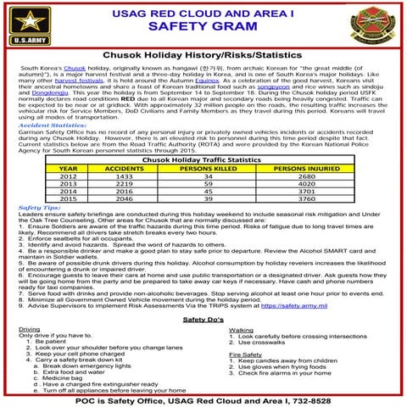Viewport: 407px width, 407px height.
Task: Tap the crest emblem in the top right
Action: click(377, 23)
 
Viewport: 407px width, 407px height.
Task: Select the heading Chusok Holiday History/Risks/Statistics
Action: click(203, 53)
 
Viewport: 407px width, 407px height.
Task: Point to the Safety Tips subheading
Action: click(39, 207)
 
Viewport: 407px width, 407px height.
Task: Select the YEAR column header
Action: click(69, 169)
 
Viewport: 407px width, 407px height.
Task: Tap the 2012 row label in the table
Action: click(69, 176)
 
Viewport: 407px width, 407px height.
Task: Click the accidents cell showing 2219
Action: click(125, 183)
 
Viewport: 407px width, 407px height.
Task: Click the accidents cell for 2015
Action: click(125, 198)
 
